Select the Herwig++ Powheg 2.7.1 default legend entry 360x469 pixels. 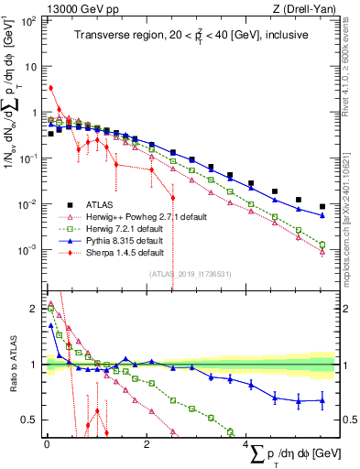[134, 216]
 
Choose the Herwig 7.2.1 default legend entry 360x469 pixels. [120, 228]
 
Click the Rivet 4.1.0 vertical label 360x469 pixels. [350, 60]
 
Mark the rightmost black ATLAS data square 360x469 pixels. [322, 207]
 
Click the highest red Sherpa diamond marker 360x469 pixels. [51, 88]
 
